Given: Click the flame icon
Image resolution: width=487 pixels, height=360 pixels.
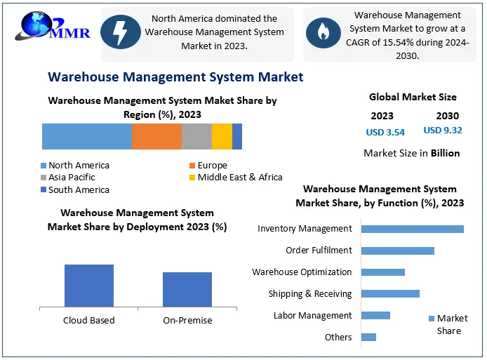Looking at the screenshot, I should (323, 32).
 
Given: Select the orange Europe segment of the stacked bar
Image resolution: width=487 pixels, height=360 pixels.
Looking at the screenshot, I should (156, 136).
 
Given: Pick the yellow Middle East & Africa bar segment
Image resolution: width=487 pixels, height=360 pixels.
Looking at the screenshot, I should (222, 136).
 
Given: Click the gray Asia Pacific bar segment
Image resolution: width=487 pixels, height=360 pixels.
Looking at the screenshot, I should (196, 136).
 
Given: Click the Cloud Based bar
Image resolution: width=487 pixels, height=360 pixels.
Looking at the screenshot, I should (89, 286).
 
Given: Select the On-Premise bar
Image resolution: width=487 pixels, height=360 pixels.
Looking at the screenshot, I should (187, 289).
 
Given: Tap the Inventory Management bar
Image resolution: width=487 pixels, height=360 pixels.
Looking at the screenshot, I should (412, 229).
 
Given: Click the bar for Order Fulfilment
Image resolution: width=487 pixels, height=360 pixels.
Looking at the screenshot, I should (397, 251).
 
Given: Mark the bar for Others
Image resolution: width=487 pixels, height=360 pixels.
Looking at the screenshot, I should (368, 337).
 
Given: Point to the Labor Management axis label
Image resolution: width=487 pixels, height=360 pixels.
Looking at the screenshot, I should (312, 316).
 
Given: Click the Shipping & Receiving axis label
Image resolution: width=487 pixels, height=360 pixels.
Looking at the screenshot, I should (309, 294).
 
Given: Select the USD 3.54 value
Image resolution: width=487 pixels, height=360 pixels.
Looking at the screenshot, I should (385, 132).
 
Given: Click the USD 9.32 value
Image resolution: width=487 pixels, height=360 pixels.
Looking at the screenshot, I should (442, 131).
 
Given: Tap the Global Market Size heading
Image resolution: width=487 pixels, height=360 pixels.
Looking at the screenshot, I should (413, 98).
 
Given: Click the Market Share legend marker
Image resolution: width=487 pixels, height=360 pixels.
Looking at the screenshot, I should (432, 319).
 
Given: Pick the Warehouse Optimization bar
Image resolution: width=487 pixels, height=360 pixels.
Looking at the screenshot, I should (382, 272).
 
